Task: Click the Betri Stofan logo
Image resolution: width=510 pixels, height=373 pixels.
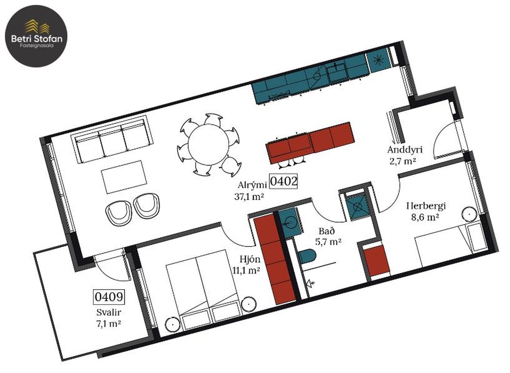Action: pyautogui.click(x=36, y=36)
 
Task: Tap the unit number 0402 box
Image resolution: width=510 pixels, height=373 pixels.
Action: pyautogui.click(x=284, y=181)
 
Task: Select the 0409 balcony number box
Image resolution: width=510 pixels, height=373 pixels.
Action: pyautogui.click(x=109, y=296)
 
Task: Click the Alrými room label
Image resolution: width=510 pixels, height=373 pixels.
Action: pyautogui.click(x=252, y=185)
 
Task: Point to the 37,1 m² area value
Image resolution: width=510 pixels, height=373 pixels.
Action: pyautogui.click(x=249, y=196)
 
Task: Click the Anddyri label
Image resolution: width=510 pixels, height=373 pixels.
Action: pyautogui.click(x=405, y=149)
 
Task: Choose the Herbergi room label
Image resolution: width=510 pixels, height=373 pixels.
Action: pyautogui.click(x=426, y=206)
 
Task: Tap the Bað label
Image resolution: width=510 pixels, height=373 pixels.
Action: pyautogui.click(x=326, y=231)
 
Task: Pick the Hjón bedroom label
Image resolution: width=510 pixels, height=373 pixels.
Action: pyautogui.click(x=250, y=259)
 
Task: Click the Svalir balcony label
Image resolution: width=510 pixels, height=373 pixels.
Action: pyautogui.click(x=109, y=312)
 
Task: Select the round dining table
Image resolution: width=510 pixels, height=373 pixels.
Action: pyautogui.click(x=208, y=145)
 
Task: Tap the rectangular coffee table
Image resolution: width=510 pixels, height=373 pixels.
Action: pyautogui.click(x=123, y=177)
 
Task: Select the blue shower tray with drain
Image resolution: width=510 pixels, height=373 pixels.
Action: pyautogui.click(x=358, y=207)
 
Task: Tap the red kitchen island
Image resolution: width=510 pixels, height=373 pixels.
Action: pyautogui.click(x=310, y=142)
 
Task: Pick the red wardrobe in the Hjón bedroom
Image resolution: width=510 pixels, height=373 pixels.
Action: pyautogui.click(x=274, y=260)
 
